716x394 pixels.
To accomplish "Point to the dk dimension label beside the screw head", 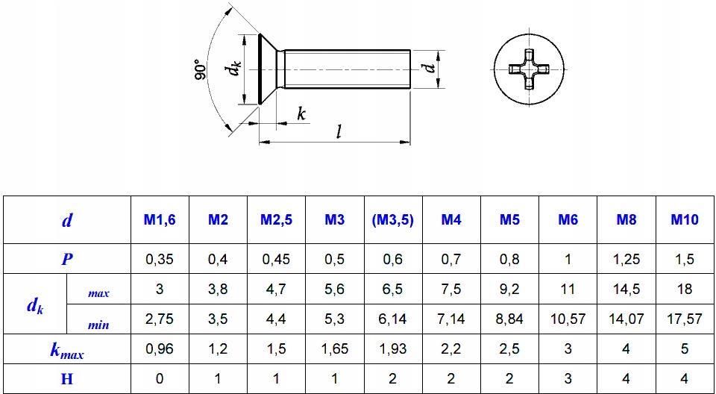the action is (234, 69).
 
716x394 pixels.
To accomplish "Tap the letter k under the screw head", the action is (301, 113).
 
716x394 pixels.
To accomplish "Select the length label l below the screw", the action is (339, 132).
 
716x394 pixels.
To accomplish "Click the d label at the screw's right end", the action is (428, 69).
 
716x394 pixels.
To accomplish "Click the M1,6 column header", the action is (160, 220).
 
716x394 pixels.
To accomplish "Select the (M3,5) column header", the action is (393, 220).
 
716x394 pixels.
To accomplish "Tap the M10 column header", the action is (685, 220).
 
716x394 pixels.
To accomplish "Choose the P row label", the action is (67, 259).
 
